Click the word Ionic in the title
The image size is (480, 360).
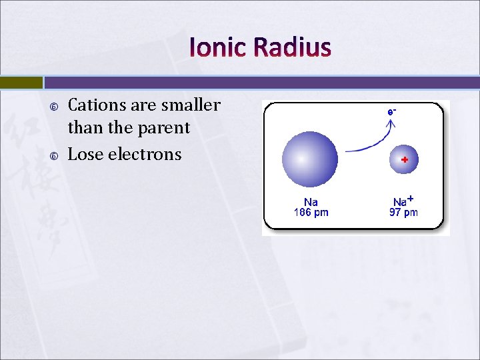point(219,47)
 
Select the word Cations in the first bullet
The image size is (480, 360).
point(97,105)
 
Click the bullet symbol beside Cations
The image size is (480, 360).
point(54,107)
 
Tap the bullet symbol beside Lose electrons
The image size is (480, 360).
point(54,156)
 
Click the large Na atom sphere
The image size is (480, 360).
point(310,159)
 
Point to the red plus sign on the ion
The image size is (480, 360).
point(404,160)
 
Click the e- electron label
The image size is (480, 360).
point(392,112)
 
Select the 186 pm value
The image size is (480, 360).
point(311,213)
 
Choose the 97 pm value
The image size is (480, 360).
point(403,213)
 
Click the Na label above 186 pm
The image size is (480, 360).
point(311,202)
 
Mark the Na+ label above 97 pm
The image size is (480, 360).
point(403,201)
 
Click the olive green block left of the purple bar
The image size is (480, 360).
point(21,83)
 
